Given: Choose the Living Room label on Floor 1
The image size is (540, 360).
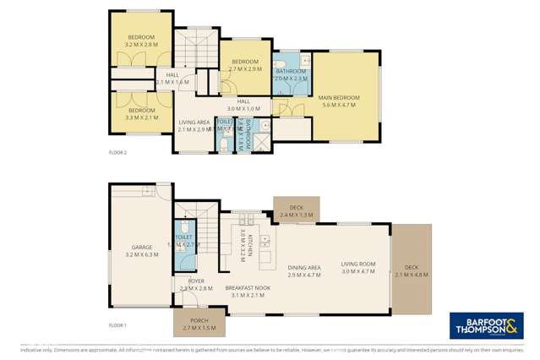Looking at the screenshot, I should (x=357, y=268).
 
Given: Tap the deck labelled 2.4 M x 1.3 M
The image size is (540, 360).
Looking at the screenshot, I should (x=296, y=212).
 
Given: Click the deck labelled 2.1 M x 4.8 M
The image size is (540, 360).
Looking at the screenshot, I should (x=412, y=270).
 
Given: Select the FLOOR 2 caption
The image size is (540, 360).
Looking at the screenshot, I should (x=117, y=153).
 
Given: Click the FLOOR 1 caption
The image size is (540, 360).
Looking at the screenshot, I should (x=117, y=325).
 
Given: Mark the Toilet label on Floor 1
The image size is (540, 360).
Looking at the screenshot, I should (x=183, y=240).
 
